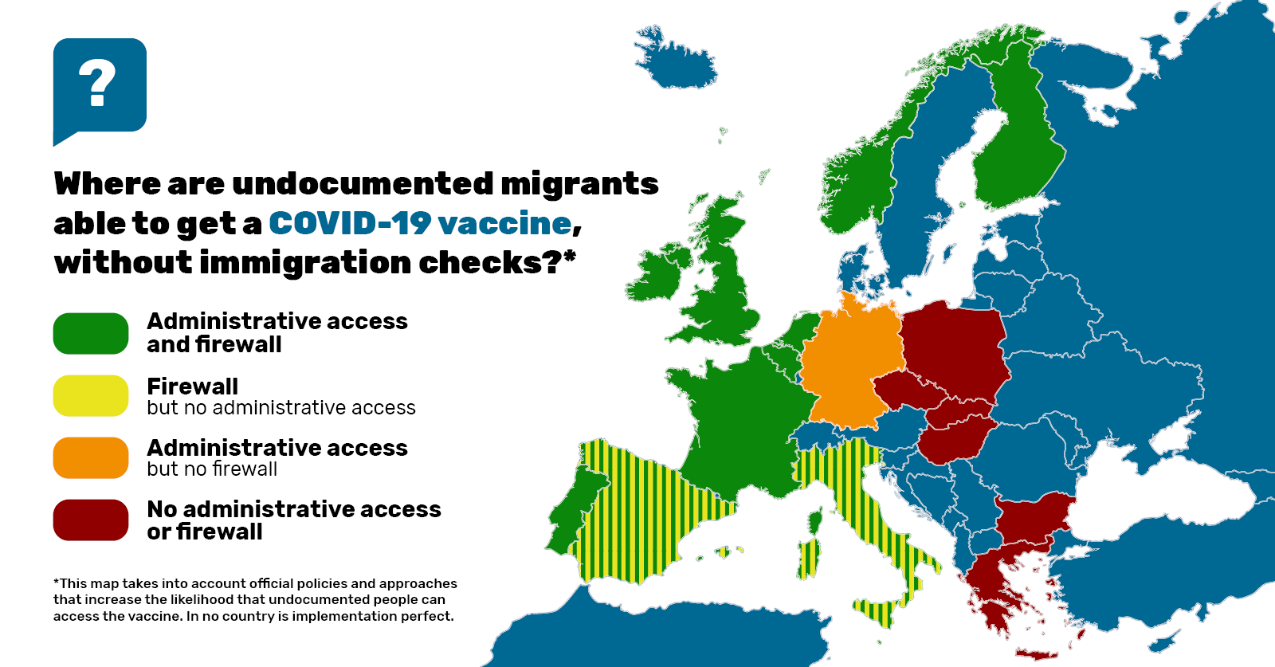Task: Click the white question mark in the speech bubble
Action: pos(97,83)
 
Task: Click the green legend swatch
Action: pos(91,333)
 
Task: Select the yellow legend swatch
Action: pos(91,395)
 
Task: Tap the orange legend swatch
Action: pos(91,457)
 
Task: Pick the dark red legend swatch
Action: pos(91,520)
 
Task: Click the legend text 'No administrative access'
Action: pos(293,509)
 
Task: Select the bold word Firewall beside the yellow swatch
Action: pos(192,386)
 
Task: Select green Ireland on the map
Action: pos(658,275)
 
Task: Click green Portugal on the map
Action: pos(567,518)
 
